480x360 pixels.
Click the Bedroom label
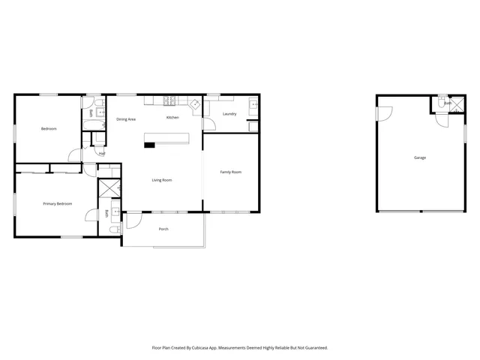(49, 129)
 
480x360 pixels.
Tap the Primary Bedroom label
(57, 203)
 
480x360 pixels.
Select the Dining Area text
(126, 119)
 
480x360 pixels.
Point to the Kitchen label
(172, 118)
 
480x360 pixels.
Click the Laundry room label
(229, 114)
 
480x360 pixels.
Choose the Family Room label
(230, 172)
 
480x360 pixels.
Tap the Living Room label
(162, 180)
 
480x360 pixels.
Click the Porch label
(163, 229)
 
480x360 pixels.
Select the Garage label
(420, 157)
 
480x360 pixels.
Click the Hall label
(101, 154)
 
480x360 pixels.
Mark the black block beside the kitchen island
(150, 144)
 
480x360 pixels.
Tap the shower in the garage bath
(455, 106)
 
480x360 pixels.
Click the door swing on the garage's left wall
(383, 113)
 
